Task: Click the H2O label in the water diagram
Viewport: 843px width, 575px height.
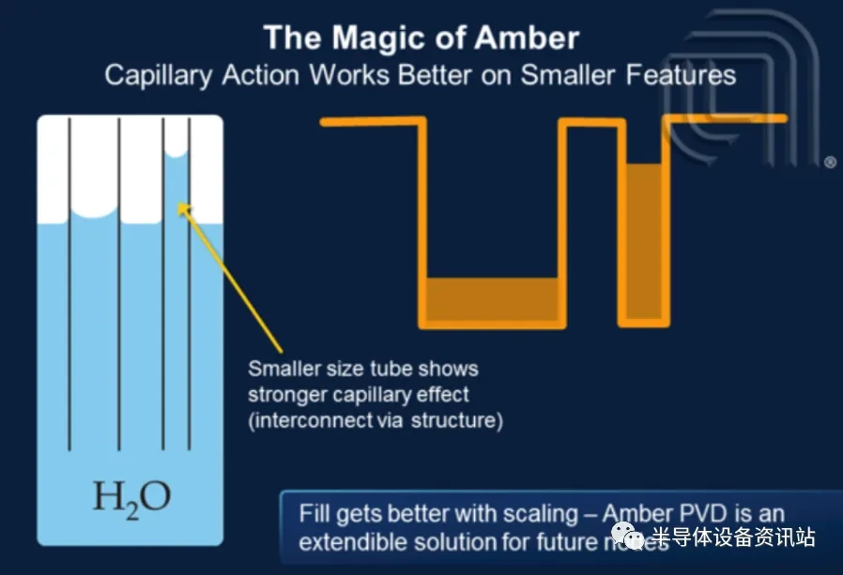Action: [130, 497]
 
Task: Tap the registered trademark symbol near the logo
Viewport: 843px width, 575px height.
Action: [830, 163]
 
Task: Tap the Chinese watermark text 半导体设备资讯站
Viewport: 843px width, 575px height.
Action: [733, 537]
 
